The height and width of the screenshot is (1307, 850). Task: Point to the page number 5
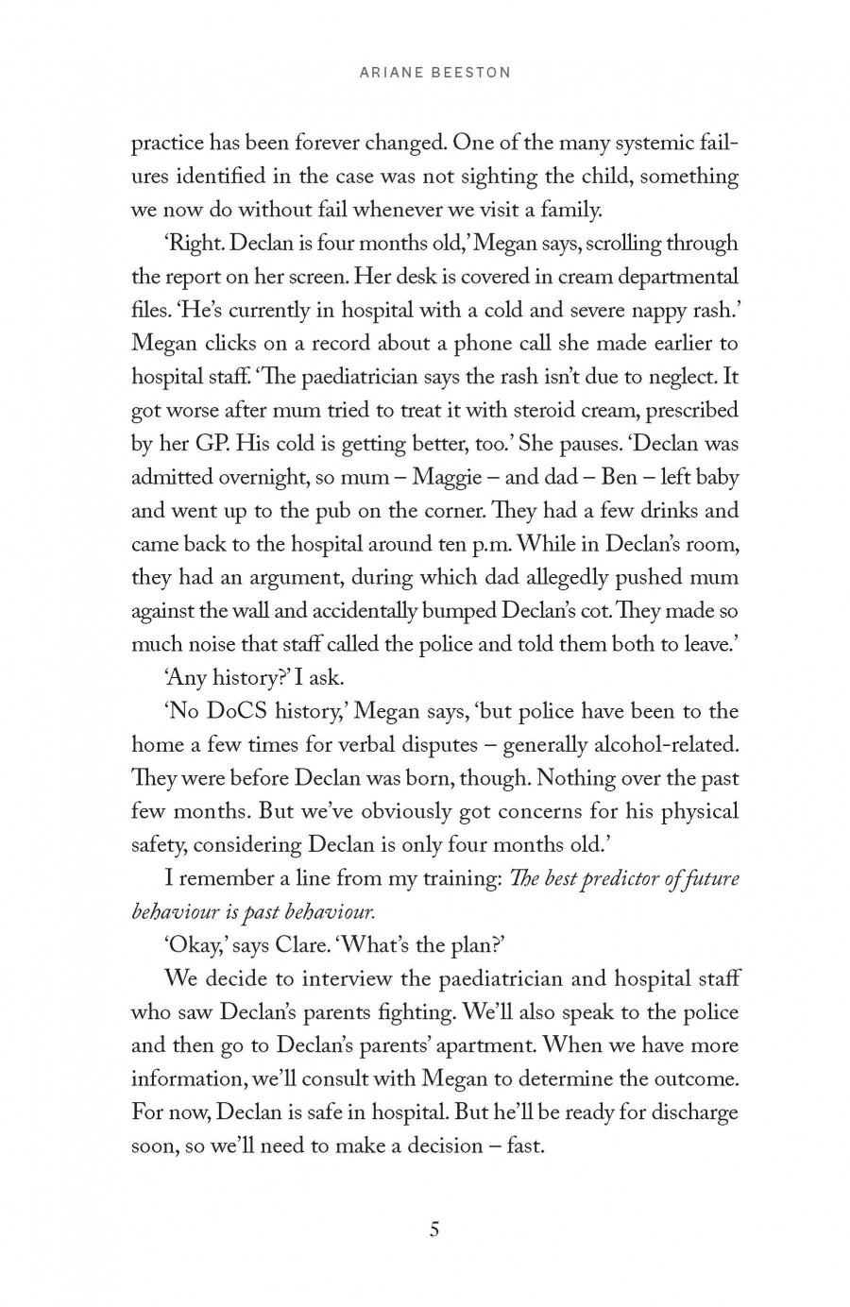pos(434,1230)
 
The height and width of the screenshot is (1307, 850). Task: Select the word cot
pos(581,611)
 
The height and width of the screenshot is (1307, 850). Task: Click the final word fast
pos(525,1146)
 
